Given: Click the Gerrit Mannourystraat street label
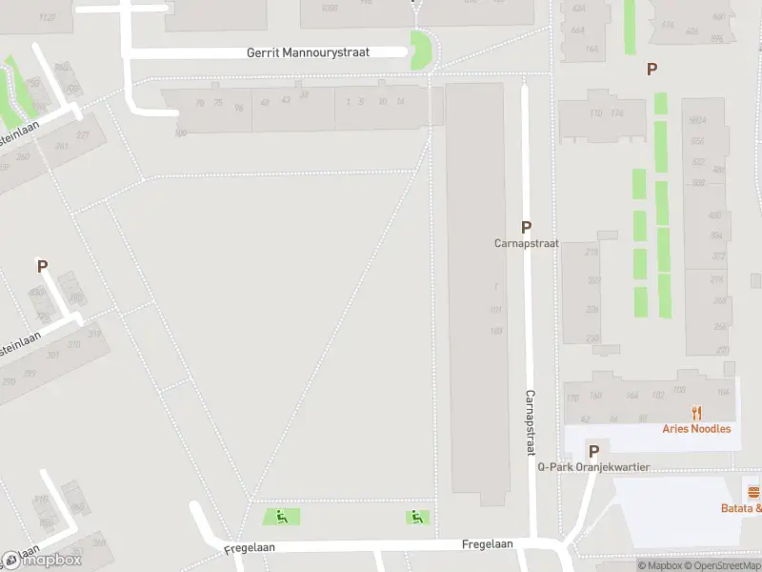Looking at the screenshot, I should point(308,53).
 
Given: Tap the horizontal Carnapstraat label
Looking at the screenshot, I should point(526,243).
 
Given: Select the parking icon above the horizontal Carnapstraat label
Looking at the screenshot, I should point(526,227).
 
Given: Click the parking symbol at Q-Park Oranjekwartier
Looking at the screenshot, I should point(593,451).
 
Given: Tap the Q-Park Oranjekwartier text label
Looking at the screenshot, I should point(593,467).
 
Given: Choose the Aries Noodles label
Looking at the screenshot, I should point(697,429).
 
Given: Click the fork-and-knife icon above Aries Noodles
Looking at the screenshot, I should point(697,413).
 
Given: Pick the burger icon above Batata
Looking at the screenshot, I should point(753,493).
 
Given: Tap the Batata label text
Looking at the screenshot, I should point(741,508).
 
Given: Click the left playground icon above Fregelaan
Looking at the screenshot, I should point(281,517).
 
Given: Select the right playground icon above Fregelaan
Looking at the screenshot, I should point(416,517).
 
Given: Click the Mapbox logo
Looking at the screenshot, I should point(42,560).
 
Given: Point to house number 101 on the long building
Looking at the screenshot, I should point(495,310).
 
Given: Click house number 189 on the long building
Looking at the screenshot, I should point(495,331).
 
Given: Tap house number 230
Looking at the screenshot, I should point(592,337).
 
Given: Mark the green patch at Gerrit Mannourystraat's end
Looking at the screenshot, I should point(419,50).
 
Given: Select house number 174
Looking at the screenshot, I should point(616,113).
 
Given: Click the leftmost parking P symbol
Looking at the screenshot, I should point(42,266).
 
